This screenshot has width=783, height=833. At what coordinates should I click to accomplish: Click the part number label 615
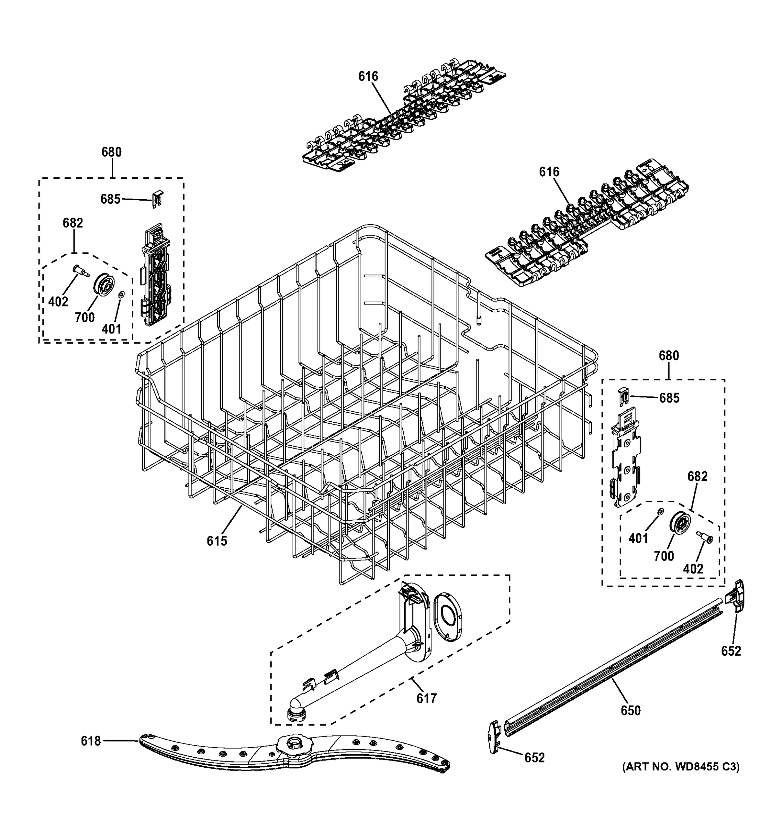point(217,541)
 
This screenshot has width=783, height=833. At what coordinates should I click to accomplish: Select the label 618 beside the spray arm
point(91,741)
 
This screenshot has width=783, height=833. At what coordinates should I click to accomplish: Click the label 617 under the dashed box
point(427,698)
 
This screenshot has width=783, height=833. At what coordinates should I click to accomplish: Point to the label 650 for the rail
point(631,710)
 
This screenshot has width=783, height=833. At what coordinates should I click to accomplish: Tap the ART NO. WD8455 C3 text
point(680,767)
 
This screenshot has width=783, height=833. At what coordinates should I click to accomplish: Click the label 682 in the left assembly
point(73,223)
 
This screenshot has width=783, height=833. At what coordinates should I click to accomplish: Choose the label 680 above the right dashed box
point(668,356)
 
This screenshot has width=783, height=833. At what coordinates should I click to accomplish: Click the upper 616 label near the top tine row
point(368,76)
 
